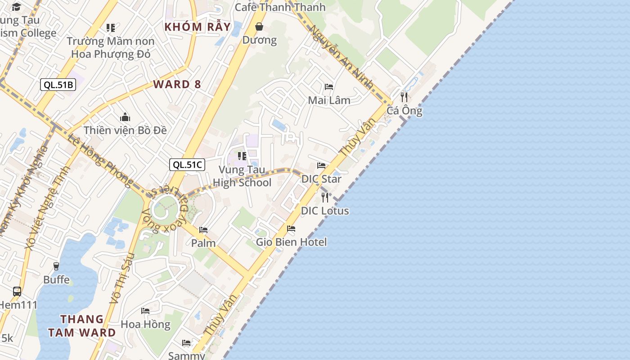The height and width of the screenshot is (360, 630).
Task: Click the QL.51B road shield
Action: click(58, 84)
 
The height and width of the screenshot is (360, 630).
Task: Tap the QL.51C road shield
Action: click(187, 165)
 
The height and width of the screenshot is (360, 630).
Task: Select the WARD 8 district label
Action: click(177, 84)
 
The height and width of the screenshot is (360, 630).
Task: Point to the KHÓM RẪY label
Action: click(198, 27)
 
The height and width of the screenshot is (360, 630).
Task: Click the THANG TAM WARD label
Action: click(82, 326)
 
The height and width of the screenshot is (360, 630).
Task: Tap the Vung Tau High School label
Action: click(242, 176)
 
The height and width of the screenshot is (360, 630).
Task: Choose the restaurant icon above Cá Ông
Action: click(404, 97)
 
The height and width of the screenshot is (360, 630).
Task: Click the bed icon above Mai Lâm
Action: click(329, 86)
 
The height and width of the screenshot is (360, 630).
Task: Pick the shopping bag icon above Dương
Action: click(259, 27)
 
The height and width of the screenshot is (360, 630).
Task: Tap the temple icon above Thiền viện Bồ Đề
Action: click(125, 117)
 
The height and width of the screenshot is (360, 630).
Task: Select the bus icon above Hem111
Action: click(17, 291)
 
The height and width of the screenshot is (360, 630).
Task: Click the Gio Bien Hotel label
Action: click(291, 242)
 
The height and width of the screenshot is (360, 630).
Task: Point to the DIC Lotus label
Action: click(325, 211)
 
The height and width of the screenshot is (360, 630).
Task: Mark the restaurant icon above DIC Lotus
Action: click(325, 197)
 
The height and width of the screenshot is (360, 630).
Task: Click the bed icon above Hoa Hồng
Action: click(145, 310)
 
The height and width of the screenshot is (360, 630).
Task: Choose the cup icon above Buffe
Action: click(56, 266)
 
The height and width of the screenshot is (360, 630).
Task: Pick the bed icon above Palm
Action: click(203, 229)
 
